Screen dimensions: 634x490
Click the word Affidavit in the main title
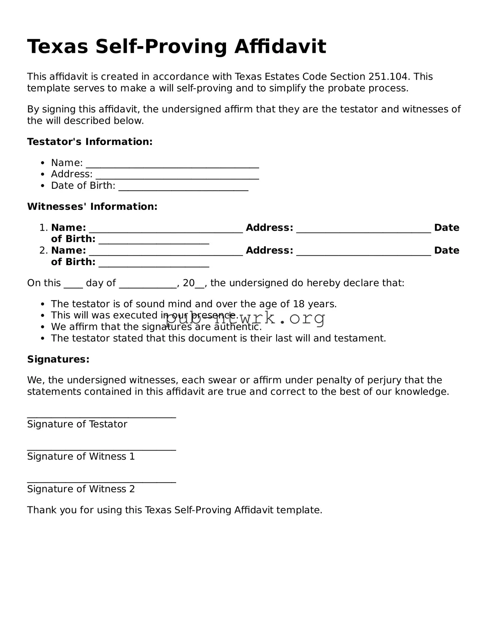point(280,47)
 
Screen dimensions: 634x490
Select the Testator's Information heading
point(90,142)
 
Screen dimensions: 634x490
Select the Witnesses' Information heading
point(92,207)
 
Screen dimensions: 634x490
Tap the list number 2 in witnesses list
point(42,250)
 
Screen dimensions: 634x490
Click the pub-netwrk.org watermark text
point(245,318)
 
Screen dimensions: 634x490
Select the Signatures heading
point(58,359)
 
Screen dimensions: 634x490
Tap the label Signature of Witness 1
point(81,456)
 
